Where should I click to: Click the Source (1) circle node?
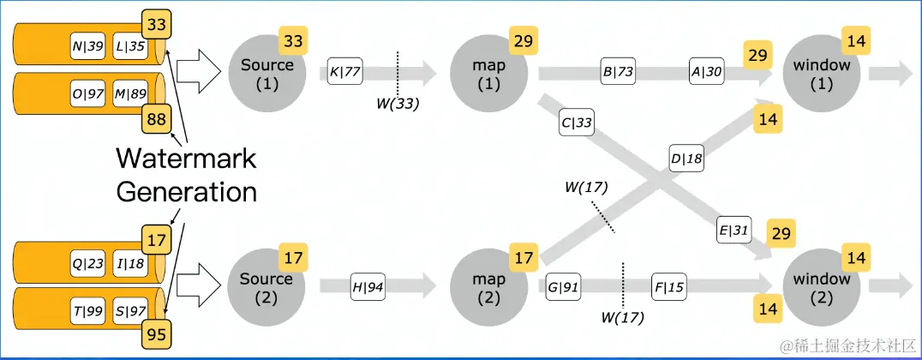[266, 74]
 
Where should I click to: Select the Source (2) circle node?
[266, 286]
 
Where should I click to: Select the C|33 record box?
[577, 123]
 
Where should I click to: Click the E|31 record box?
[733, 230]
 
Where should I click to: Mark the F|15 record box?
[668, 285]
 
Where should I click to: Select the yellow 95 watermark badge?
[158, 333]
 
